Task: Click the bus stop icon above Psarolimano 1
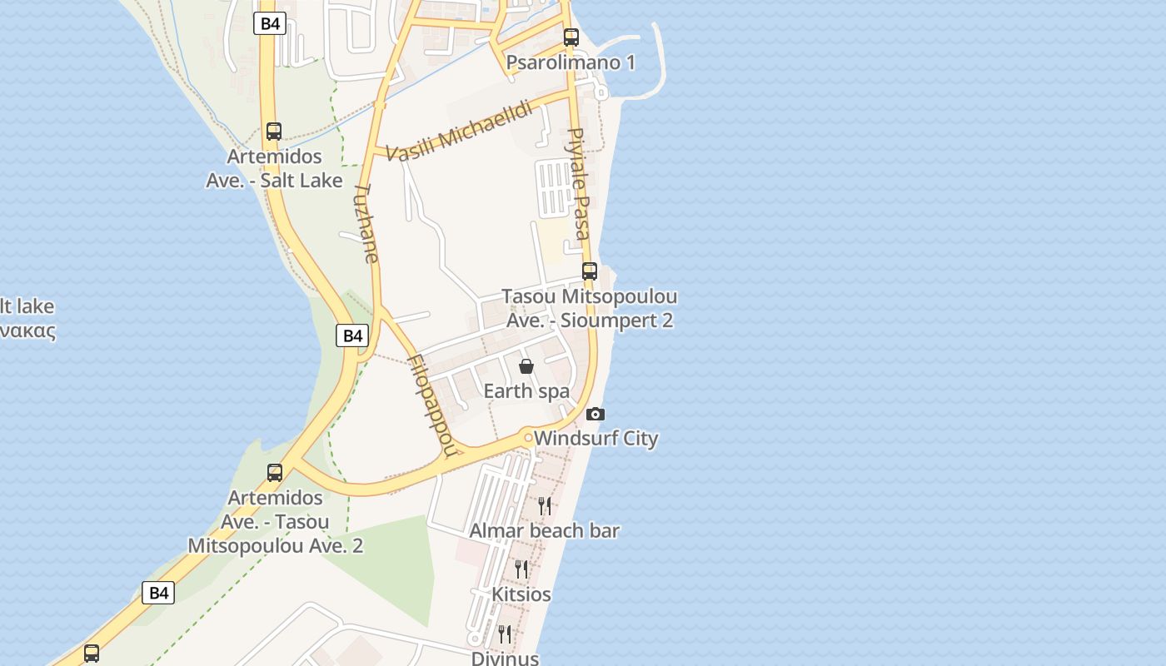(571, 37)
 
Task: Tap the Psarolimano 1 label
(571, 62)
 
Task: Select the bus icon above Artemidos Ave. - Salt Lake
(274, 132)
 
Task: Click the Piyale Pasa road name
(579, 184)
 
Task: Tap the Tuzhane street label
(366, 223)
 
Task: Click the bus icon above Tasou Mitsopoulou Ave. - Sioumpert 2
(590, 271)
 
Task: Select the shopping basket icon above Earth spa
(526, 366)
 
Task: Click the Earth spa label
(526, 391)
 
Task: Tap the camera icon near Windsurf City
(595, 414)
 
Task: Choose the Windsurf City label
(596, 439)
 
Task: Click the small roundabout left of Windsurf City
(528, 437)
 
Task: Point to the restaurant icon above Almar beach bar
(545, 505)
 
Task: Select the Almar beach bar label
(545, 530)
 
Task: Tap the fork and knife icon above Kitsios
(521, 569)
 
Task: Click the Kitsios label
(521, 594)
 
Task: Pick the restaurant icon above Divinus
(505, 634)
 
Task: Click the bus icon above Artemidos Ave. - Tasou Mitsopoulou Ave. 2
(275, 473)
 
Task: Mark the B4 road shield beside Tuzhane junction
(353, 335)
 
